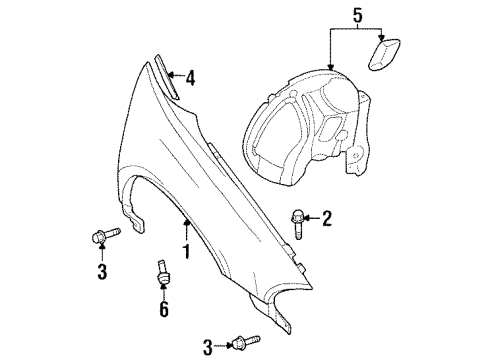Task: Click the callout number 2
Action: [x=326, y=217]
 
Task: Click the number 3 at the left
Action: [x=100, y=271]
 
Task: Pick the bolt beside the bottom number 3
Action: [x=244, y=344]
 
